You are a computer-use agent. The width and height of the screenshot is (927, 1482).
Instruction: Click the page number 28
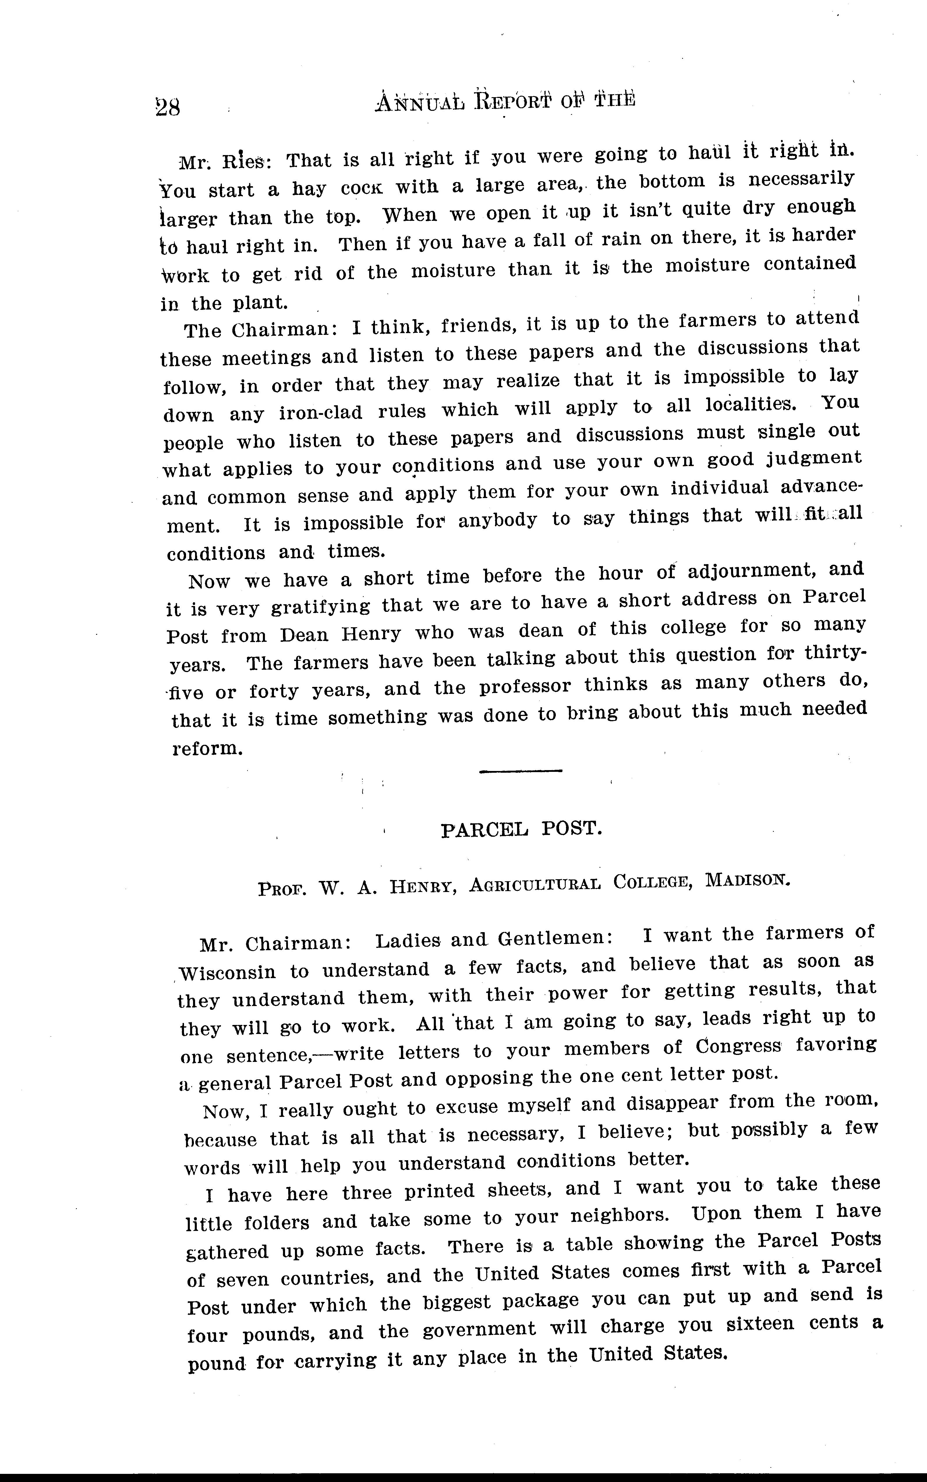coord(167,108)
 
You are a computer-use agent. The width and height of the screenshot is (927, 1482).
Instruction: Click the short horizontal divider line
coord(521,771)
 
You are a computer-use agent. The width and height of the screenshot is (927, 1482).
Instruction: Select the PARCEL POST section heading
coord(522,829)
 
